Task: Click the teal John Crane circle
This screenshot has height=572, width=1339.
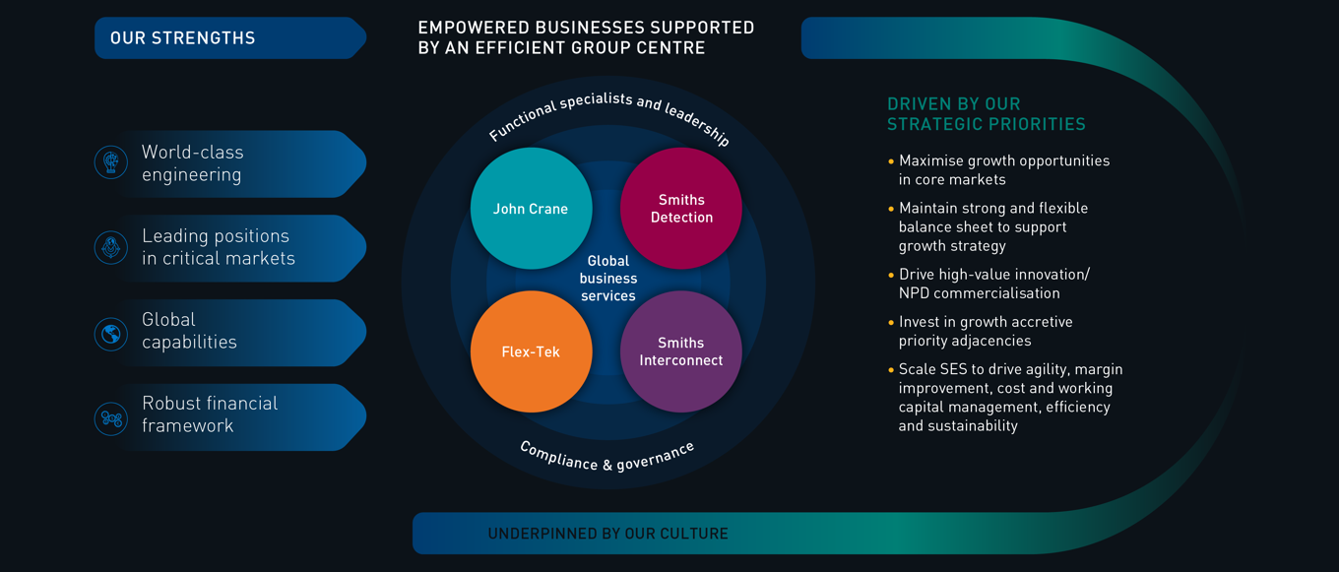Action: (x=531, y=208)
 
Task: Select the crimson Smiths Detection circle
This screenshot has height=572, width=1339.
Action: (x=680, y=208)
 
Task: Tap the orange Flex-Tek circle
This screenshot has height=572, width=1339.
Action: (x=531, y=351)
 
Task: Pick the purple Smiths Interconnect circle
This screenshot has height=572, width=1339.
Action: (x=680, y=351)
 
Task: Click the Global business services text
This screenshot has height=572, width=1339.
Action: (x=607, y=279)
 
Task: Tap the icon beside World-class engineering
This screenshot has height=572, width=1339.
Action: (x=111, y=162)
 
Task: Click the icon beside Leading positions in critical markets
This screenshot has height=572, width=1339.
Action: (x=111, y=247)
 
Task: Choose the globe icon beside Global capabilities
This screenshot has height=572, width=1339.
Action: (x=111, y=334)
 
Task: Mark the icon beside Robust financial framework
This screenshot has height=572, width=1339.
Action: (x=111, y=418)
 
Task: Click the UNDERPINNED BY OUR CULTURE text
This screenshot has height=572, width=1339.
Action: (x=607, y=534)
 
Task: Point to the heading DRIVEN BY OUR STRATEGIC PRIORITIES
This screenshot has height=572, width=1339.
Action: (x=986, y=114)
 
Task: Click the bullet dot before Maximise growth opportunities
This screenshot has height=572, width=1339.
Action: (x=891, y=160)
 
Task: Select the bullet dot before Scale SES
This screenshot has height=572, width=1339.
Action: (x=891, y=369)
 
